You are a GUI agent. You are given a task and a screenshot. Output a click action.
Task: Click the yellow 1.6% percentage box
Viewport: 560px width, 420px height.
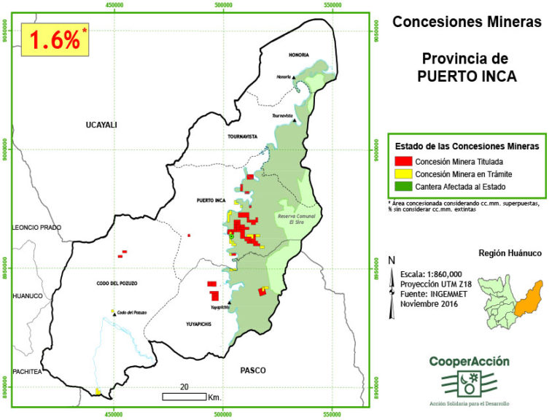click(55, 40)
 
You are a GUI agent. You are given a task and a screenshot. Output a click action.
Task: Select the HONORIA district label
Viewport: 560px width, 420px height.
click(297, 55)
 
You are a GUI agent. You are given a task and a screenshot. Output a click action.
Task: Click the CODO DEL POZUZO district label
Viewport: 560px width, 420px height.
click(117, 283)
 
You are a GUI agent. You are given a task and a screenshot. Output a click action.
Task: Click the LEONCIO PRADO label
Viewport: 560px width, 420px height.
click(36, 227)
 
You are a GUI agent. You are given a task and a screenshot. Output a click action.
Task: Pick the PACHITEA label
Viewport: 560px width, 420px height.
click(26, 371)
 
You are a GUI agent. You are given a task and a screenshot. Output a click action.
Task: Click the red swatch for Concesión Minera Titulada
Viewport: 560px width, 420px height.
click(402, 161)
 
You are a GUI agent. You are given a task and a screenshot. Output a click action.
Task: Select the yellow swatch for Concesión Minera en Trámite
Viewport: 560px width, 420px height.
click(402, 174)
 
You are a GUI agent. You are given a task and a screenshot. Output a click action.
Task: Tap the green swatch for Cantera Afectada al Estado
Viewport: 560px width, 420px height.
click(402, 186)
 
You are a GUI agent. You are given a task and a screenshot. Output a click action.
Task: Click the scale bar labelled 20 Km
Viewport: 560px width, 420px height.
click(184, 397)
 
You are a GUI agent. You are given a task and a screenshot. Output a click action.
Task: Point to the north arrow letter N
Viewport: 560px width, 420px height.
click(392, 260)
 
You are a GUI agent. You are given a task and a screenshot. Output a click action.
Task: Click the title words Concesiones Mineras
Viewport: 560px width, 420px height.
click(467, 23)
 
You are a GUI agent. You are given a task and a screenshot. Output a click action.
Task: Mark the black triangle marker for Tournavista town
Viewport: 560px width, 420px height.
click(295, 120)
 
